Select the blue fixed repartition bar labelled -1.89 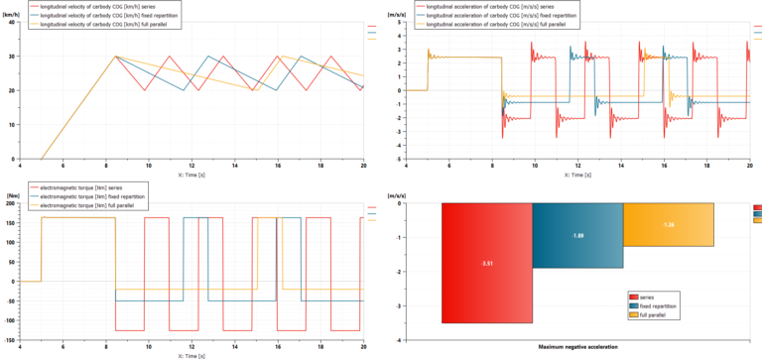point(577,236)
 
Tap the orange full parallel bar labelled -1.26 point(668,225)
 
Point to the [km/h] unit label point(12,14)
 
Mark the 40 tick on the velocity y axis point(12,23)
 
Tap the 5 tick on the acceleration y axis point(397,23)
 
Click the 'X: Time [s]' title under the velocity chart point(191,174)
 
